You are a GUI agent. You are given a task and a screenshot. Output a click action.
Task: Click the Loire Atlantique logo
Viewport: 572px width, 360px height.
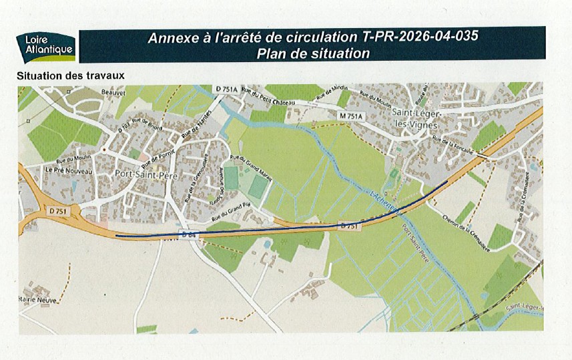45,46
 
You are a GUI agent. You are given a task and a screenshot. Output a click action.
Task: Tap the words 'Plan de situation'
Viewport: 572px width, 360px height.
313,53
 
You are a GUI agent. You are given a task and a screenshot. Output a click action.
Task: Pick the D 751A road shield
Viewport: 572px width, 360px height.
228,89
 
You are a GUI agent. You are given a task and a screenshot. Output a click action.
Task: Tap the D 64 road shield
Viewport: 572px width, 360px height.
188,233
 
